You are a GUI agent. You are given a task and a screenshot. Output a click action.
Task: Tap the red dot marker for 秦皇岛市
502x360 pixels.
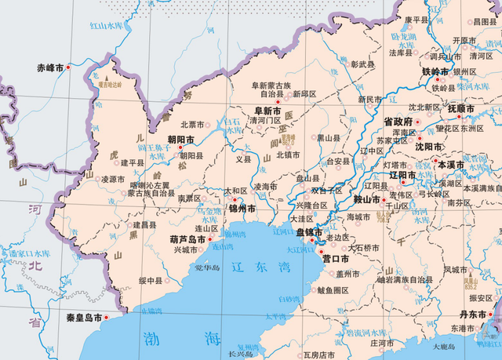point(107,318)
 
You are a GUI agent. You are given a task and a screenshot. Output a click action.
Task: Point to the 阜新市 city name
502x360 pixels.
point(267,111)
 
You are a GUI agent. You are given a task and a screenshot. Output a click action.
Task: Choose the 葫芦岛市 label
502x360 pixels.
point(187,239)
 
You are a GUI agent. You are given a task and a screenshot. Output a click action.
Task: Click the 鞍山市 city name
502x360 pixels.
point(367,199)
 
